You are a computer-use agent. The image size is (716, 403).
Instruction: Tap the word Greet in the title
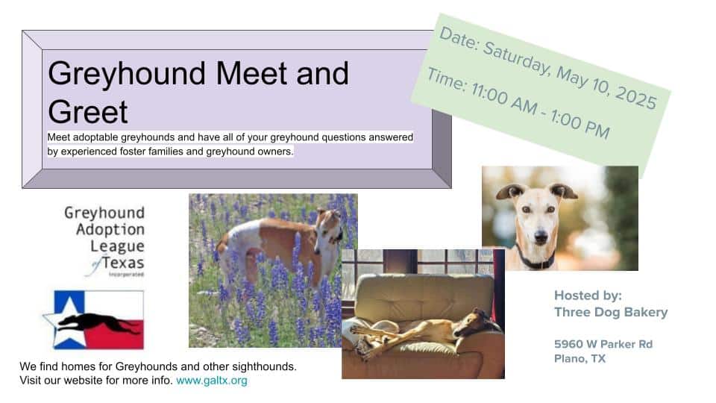tap(88, 112)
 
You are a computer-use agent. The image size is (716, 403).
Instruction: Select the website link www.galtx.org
tap(211, 381)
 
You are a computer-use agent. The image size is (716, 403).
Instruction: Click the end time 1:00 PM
tap(580, 124)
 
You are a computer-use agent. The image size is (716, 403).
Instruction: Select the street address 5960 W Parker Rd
tap(603, 344)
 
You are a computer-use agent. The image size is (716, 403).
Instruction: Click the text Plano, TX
tap(580, 359)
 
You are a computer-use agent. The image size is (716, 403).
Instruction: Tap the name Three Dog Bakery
tap(611, 312)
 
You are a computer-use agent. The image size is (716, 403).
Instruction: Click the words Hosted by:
tap(588, 296)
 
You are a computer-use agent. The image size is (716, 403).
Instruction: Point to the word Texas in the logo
tap(123, 263)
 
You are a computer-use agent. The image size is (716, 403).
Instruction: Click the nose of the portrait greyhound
tap(541, 237)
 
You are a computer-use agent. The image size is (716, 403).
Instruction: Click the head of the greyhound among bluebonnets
tap(329, 225)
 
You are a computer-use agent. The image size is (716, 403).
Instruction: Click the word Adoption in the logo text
tap(110, 229)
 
